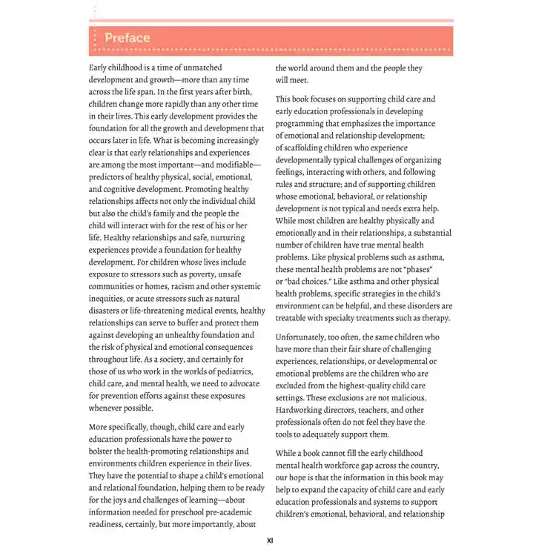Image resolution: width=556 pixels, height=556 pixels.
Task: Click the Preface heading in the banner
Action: pos(127,38)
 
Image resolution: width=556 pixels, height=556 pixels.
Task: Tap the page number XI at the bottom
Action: pos(271,541)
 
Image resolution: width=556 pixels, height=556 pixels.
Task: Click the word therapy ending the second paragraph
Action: pos(434,318)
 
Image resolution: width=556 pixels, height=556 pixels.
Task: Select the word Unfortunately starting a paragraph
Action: pos(303,337)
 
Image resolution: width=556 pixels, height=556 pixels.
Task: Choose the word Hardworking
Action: pos(302,409)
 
